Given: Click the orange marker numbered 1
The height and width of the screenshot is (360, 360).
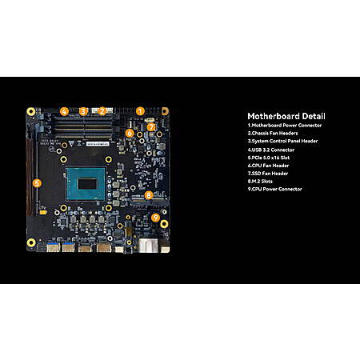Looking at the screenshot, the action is pyautogui.click(x=140, y=111).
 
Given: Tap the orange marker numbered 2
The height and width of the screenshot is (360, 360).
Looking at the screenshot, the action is pyautogui.click(x=102, y=111).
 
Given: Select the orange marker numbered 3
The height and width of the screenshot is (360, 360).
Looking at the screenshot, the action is pyautogui.click(x=83, y=111).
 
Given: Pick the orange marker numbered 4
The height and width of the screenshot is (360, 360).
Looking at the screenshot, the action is pyautogui.click(x=64, y=111).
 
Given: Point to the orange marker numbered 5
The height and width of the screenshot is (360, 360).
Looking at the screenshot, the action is pyautogui.click(x=37, y=183).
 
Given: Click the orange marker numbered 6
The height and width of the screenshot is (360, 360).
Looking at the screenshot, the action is pyautogui.click(x=130, y=133).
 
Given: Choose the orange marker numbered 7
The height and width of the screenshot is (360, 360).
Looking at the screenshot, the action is pyautogui.click(x=151, y=127).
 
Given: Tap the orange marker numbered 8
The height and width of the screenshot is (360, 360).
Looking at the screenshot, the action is pyautogui.click(x=149, y=195).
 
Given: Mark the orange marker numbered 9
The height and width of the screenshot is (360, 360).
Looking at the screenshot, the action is pyautogui.click(x=155, y=218).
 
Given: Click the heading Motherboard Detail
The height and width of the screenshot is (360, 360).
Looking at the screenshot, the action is pyautogui.click(x=286, y=116).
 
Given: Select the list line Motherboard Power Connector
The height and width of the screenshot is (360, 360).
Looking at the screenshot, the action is pyautogui.click(x=285, y=126).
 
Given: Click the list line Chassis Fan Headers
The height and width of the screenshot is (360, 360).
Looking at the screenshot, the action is pyautogui.click(x=273, y=133).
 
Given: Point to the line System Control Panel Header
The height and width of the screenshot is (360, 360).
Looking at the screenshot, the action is pyautogui.click(x=282, y=141).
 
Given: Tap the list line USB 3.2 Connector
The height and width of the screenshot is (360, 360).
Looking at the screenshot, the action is pyautogui.click(x=271, y=150).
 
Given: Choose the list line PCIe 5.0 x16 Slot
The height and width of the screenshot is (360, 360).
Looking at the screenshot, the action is pyautogui.click(x=269, y=158).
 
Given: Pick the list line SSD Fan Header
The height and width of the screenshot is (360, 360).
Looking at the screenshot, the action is pyautogui.click(x=268, y=174).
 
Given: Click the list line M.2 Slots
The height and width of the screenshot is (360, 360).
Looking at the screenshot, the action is pyautogui.click(x=260, y=182).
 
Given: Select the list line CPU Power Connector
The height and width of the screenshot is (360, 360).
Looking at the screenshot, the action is pyautogui.click(x=274, y=189).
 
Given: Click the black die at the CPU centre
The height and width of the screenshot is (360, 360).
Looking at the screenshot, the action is pyautogui.click(x=87, y=184).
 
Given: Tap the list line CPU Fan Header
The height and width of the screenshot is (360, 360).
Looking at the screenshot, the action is pyautogui.click(x=268, y=166).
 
